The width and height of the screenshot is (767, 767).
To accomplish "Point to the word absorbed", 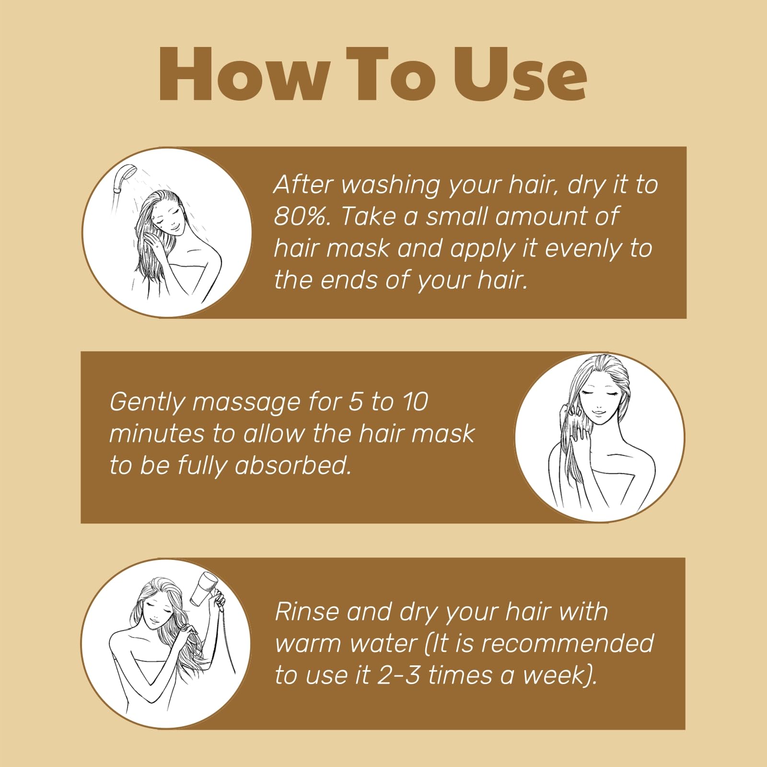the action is point(293,465).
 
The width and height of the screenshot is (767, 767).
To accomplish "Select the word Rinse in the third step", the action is point(307,612).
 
